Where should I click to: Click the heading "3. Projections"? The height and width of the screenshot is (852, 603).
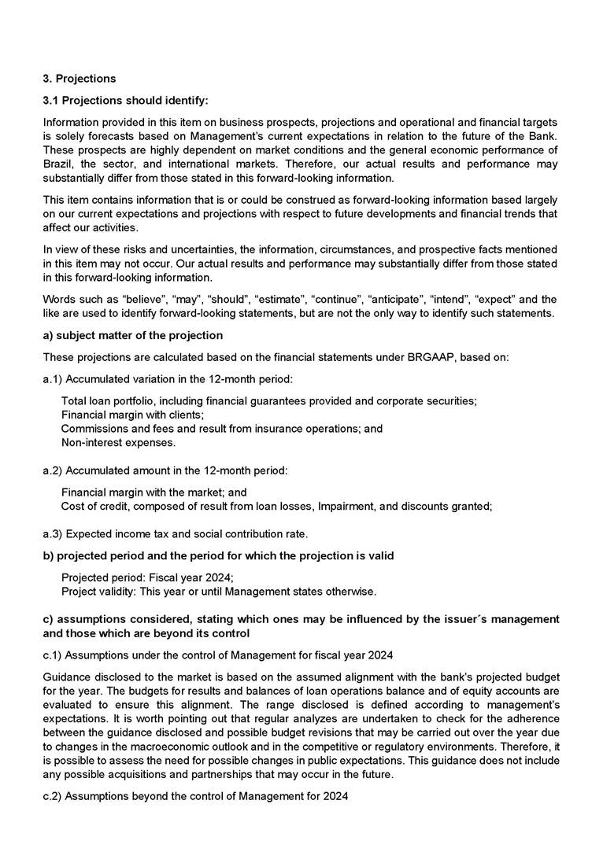(x=79, y=79)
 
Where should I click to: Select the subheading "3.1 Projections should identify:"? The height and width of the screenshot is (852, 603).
(x=125, y=101)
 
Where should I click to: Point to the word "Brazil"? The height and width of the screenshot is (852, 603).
(x=57, y=164)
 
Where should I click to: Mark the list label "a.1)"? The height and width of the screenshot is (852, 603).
(x=53, y=379)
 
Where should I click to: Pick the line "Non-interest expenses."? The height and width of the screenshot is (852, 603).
(x=118, y=443)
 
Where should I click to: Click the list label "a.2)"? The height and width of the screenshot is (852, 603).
(x=53, y=470)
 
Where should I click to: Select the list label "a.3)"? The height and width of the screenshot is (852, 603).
(x=53, y=534)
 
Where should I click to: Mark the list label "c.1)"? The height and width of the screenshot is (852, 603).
(x=53, y=655)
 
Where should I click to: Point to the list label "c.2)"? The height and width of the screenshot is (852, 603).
(x=53, y=797)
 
